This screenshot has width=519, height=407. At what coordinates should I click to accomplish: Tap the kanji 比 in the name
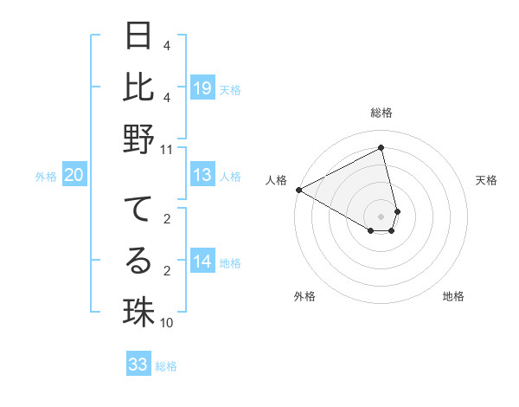point(139,88)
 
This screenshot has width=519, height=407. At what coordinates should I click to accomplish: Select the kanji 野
point(139,139)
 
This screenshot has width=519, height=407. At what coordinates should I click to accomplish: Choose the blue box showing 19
point(202,88)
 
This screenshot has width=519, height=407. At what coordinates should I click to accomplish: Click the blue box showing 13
point(202,176)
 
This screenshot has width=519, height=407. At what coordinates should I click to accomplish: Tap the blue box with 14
point(202,262)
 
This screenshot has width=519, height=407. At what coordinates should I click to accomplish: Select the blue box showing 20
point(74,176)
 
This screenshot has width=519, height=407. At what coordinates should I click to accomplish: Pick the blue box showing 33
point(138,365)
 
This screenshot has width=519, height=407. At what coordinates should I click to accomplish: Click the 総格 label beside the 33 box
point(166,366)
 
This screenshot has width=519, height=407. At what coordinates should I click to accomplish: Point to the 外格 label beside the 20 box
point(46,177)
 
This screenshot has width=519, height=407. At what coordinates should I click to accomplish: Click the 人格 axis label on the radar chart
point(277,180)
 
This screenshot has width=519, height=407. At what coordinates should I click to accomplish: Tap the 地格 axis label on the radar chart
point(453,296)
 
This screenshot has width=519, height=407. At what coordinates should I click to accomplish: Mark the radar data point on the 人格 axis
point(298,190)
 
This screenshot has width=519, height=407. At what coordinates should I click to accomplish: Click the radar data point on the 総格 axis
point(381,148)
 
